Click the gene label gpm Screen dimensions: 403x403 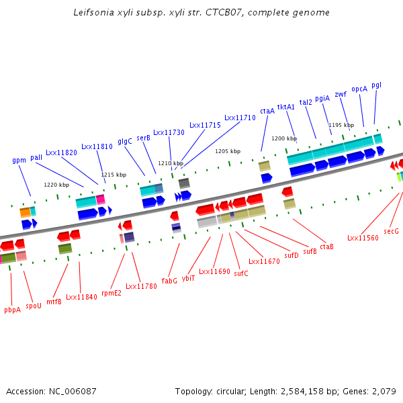tap(19, 161)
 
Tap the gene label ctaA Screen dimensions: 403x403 tap(267, 111)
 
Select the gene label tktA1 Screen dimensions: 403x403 tap(286, 107)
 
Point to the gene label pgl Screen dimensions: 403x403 tap(376, 85)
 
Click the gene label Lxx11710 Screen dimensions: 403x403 tap(240, 118)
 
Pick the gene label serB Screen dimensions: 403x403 tap(143, 138)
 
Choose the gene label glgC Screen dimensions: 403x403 tap(125, 142)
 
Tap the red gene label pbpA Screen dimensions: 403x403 tap(12, 310)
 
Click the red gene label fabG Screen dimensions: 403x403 tap(169, 280)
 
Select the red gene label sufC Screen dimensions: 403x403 tap(241, 273)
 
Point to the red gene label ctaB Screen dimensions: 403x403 tap(326, 247)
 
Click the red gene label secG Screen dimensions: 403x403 tap(391, 231)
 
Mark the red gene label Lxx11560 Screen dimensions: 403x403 tap(363, 238)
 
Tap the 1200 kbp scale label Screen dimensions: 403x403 tap(283, 138)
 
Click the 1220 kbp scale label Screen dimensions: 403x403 tap(56, 185)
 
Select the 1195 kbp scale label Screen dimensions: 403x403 tap(341, 125)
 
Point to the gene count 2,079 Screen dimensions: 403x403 tap(384, 391)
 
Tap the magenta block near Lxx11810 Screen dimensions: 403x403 tap(101, 199)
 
